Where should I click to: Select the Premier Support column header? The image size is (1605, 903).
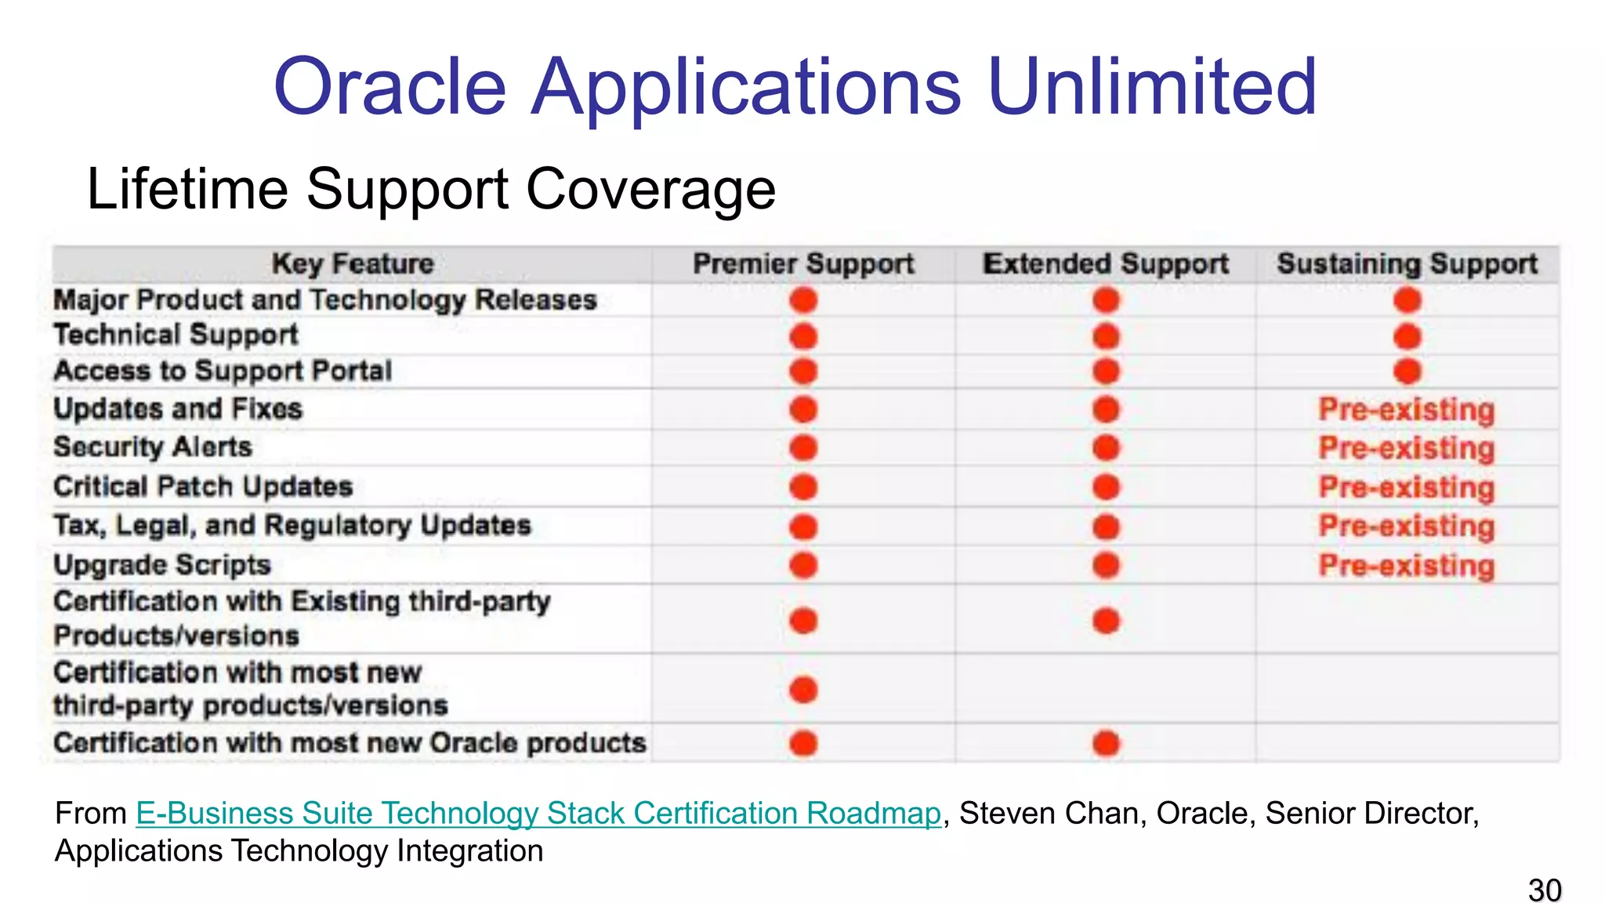point(803,264)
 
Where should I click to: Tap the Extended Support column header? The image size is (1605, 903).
point(1105,264)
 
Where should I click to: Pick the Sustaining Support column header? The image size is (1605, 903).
point(1407,264)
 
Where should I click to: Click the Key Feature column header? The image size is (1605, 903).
point(353,264)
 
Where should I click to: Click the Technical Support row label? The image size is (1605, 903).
point(176,335)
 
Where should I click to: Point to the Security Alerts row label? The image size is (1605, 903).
point(153,448)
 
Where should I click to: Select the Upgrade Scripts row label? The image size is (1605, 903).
point(162,565)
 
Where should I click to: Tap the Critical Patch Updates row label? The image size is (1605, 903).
point(203,487)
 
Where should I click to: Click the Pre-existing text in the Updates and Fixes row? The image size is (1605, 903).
point(1407,410)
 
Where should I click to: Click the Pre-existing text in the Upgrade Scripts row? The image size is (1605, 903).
point(1407,566)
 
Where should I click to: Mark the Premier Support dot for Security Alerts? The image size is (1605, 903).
point(803,448)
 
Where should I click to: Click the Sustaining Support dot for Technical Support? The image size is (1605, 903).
point(1408,337)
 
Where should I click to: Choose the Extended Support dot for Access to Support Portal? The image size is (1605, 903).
point(1106,372)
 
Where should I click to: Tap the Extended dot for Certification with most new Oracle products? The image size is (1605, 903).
point(1106,743)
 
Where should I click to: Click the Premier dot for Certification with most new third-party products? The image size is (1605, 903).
point(803,690)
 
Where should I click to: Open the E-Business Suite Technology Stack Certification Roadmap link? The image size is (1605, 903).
point(538,814)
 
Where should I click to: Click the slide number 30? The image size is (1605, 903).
point(1544,890)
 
